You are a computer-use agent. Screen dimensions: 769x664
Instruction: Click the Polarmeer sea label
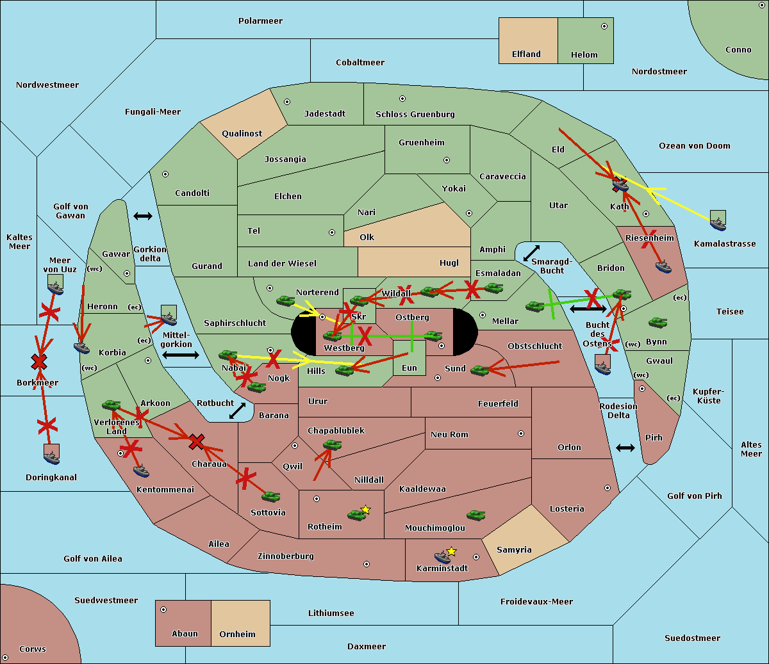click(260, 21)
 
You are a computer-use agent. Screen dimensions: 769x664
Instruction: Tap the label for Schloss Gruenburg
click(415, 114)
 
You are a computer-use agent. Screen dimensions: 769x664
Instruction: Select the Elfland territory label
click(526, 54)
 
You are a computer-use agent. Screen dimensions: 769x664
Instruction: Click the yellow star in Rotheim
click(366, 509)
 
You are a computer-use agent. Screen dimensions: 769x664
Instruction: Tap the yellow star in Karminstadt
click(451, 551)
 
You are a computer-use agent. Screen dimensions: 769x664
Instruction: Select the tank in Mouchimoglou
click(476, 515)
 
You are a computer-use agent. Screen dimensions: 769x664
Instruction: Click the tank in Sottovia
click(271, 496)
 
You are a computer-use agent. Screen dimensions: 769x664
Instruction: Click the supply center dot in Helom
click(604, 26)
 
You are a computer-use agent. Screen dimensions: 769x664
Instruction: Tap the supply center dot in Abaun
click(163, 610)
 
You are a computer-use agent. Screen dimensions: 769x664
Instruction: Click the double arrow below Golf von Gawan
click(143, 216)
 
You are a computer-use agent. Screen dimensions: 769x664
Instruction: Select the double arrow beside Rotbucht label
click(237, 410)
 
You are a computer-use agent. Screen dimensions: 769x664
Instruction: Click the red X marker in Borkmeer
click(39, 361)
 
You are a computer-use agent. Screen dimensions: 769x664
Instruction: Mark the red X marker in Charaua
click(197, 442)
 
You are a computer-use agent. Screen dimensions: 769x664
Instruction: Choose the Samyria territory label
click(514, 549)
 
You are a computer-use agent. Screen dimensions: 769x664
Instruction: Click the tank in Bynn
click(657, 322)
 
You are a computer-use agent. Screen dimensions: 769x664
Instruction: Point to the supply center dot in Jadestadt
click(287, 102)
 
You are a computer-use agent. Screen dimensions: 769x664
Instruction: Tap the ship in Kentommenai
click(142, 471)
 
